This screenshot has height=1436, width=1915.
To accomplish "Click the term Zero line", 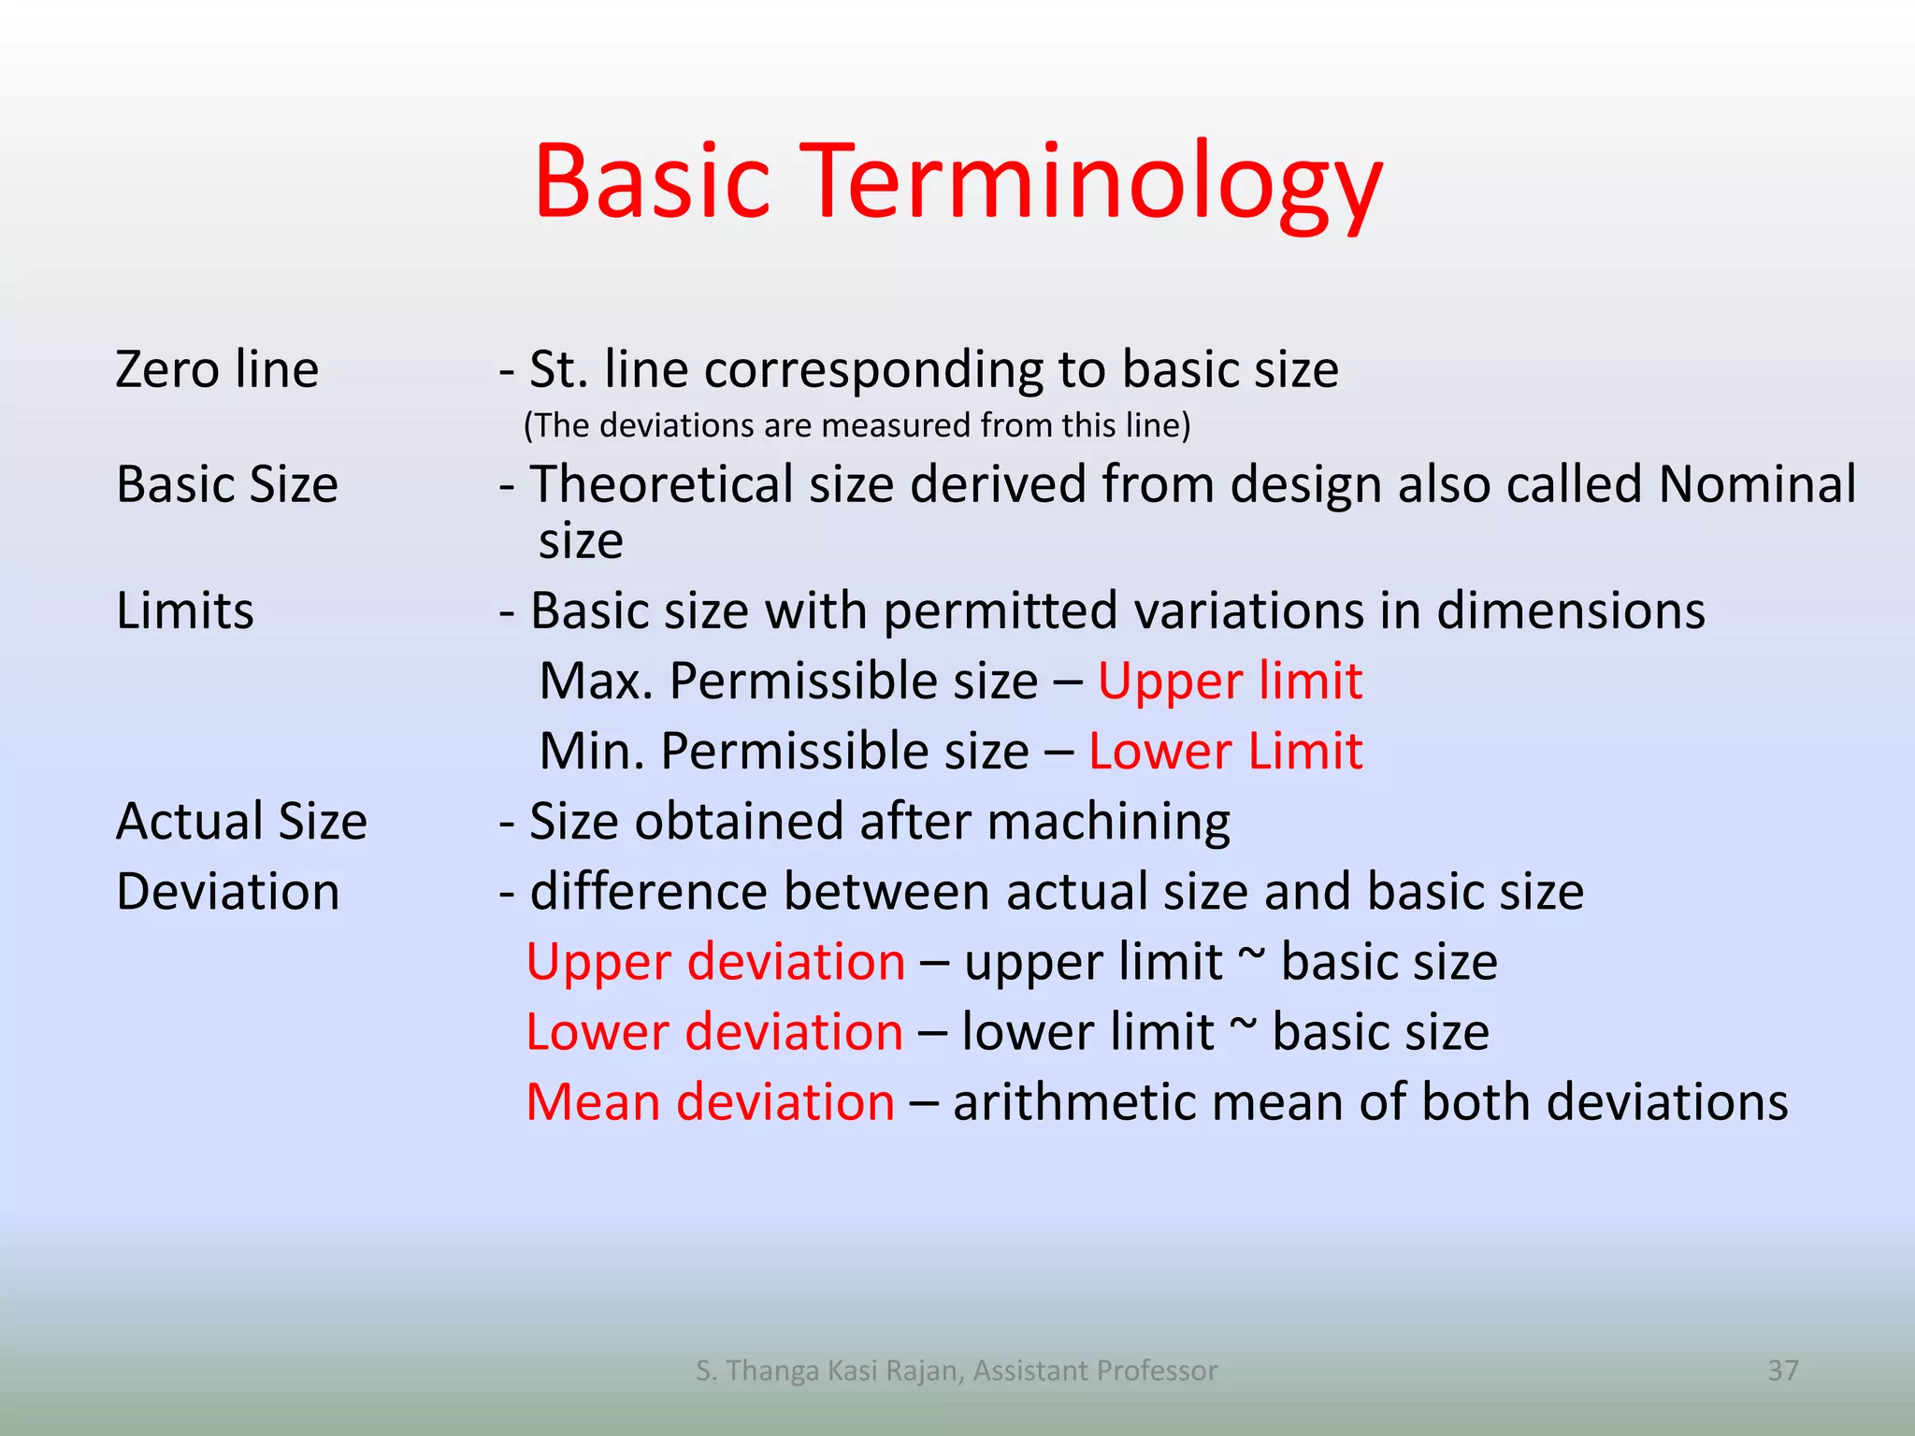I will click(217, 369).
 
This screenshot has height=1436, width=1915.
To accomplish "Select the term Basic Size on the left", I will click(226, 485).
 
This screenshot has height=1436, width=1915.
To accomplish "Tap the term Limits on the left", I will click(184, 611).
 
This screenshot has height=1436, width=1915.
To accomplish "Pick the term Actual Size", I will click(241, 822).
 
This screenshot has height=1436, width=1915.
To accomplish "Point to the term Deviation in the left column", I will click(227, 892).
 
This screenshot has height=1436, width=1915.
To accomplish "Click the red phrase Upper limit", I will click(1229, 682).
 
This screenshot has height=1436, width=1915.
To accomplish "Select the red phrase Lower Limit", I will click(1225, 752).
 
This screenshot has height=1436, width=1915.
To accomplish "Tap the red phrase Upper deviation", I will click(715, 962).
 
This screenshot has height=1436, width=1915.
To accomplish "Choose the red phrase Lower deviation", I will click(714, 1032).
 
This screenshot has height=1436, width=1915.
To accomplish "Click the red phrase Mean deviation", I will click(710, 1102).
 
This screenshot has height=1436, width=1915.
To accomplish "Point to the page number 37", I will click(1782, 1371).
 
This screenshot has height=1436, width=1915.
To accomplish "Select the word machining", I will click(1108, 822).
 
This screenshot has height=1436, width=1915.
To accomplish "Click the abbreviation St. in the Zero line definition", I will click(558, 369).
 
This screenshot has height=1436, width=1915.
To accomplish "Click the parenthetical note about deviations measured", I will click(857, 425).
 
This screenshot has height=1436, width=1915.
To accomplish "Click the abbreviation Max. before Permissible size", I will click(596, 682).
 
